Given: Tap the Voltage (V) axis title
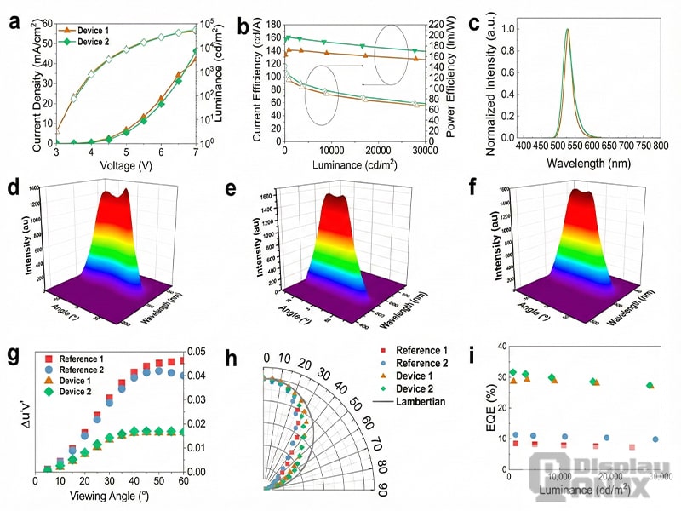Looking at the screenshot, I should (126, 165).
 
